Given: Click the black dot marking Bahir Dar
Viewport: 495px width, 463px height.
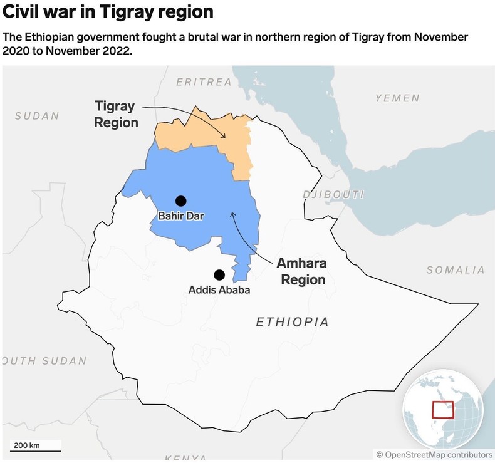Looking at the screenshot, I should [x=181, y=200].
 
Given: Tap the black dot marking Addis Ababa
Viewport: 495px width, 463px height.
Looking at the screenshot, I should [x=219, y=274].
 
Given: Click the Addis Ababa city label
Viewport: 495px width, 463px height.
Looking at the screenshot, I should [x=219, y=290].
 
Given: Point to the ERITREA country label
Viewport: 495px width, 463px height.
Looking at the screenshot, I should [x=204, y=82].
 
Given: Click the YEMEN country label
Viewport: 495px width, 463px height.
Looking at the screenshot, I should [x=397, y=98].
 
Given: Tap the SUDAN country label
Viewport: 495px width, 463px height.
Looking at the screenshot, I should [x=37, y=116].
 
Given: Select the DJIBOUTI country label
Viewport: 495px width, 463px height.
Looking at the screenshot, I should [x=333, y=194].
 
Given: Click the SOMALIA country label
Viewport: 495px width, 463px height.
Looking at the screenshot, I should [x=456, y=270].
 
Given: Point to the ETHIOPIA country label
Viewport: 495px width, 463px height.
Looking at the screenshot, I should [x=292, y=322].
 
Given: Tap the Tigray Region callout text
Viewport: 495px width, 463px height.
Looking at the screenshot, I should [x=116, y=114].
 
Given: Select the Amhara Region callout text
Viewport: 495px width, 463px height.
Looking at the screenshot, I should [x=303, y=271].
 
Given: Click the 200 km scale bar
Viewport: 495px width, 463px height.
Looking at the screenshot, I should [x=35, y=449].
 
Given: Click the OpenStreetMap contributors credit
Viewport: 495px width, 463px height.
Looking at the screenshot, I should [x=434, y=454].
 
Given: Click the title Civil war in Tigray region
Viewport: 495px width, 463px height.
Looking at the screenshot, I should [x=108, y=12].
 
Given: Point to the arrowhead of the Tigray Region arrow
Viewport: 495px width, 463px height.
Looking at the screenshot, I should [x=225, y=138].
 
